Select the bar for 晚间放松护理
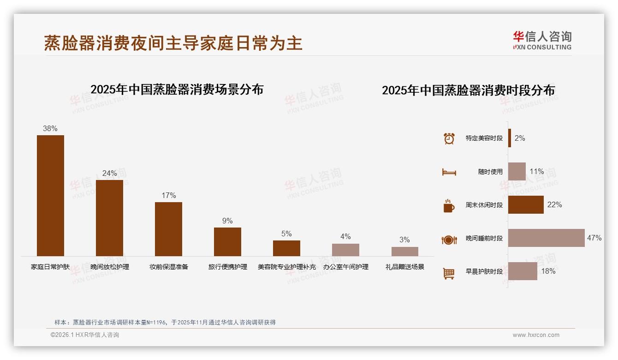109,218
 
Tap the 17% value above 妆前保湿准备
168,195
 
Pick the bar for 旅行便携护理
227,241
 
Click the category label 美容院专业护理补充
286,267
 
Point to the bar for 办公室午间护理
345,250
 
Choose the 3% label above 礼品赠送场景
404,240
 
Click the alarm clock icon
449,138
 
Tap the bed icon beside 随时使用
449,172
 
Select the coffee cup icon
449,205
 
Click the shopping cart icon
449,273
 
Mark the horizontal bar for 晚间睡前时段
546,238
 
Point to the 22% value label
554,205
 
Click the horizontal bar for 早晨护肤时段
523,271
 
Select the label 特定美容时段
484,138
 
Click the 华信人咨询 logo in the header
542,41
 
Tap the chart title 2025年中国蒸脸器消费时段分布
468,90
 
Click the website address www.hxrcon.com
536,335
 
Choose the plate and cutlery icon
449,240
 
